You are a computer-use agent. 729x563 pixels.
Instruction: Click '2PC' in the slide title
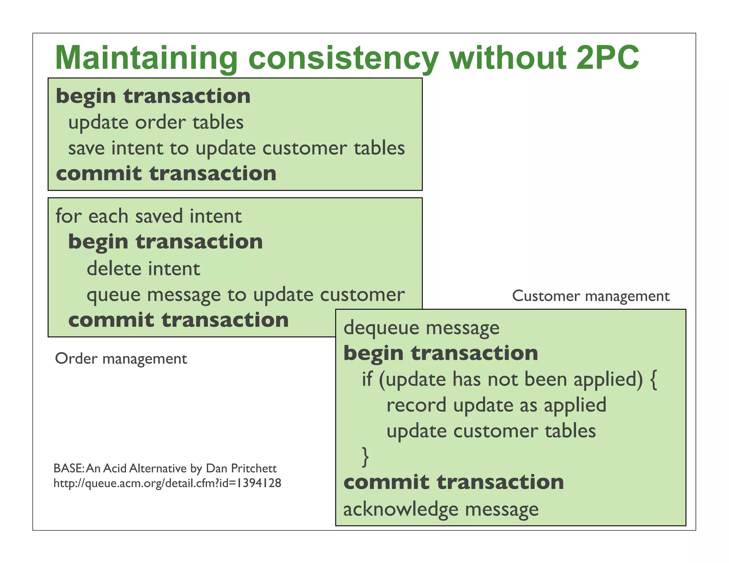[x=607, y=58]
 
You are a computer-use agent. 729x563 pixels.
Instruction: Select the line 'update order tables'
[x=156, y=122]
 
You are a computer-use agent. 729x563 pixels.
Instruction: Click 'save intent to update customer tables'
[x=236, y=148]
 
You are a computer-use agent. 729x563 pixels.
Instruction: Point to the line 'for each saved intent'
[x=148, y=216]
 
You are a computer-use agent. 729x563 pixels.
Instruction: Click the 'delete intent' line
[x=143, y=268]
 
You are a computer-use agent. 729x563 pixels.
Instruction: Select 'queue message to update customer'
[x=245, y=295]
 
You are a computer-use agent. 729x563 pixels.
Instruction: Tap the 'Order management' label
[x=121, y=358]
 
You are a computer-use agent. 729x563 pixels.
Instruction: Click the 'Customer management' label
[x=591, y=296]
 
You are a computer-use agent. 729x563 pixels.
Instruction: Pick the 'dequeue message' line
[x=421, y=328]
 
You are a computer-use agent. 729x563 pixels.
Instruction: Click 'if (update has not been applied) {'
[x=509, y=379]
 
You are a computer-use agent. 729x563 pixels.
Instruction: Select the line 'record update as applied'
[x=496, y=405]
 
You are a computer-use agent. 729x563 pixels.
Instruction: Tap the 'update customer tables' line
[x=491, y=431]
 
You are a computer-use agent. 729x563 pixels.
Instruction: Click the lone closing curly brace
[x=365, y=457]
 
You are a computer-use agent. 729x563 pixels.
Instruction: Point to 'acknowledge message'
[x=441, y=509]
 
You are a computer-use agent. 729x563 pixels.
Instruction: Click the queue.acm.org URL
[x=167, y=483]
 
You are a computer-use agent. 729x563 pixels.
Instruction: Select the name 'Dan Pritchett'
[x=241, y=468]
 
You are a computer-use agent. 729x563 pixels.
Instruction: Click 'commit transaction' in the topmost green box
[x=166, y=174]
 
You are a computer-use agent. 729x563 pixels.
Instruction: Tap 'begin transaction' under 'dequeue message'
[x=440, y=353]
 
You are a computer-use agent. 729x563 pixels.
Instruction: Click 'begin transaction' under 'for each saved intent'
[x=165, y=242]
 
